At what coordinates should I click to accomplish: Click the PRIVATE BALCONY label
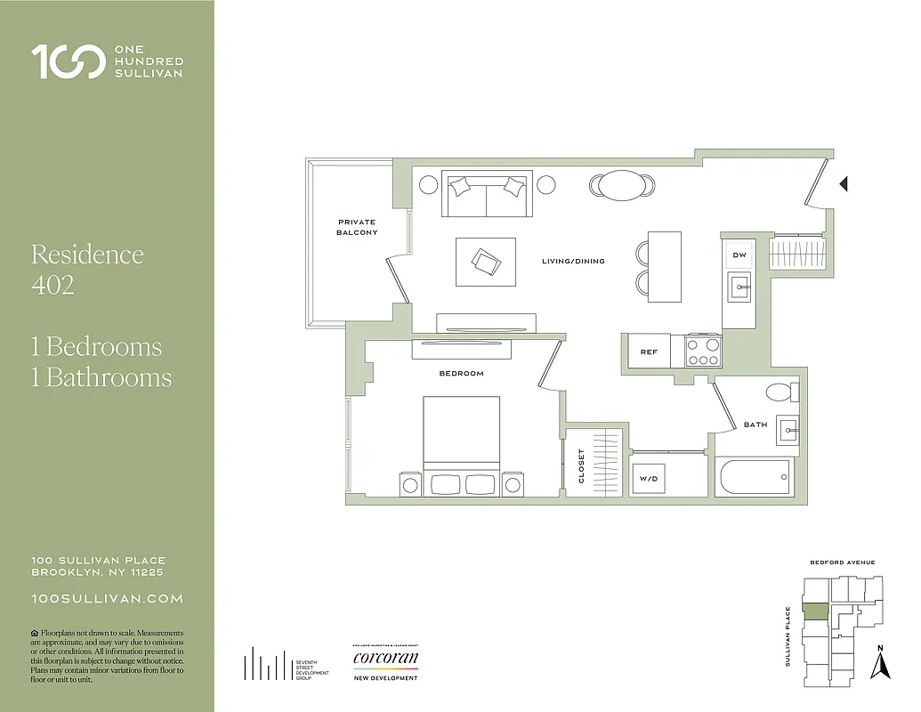point(356,227)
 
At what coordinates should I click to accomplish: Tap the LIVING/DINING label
point(573,262)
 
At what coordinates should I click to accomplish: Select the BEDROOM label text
point(461,374)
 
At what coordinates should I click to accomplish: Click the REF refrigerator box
point(650,352)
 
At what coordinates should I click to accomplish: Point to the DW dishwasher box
point(739,255)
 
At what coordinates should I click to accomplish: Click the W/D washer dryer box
point(649,479)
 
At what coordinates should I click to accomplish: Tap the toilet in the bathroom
point(780,392)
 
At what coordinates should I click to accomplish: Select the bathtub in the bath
point(753,477)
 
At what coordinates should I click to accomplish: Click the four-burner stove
point(703,351)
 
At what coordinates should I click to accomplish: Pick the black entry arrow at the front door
point(844,184)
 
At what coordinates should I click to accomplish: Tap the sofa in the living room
point(487,193)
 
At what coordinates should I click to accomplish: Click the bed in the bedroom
point(461,445)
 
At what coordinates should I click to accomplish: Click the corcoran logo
point(385,659)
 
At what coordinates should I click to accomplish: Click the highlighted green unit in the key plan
point(815,611)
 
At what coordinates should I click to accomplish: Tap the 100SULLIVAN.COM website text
point(107,599)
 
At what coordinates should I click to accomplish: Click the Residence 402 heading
point(87,270)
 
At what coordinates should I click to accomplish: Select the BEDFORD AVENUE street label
point(842,562)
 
